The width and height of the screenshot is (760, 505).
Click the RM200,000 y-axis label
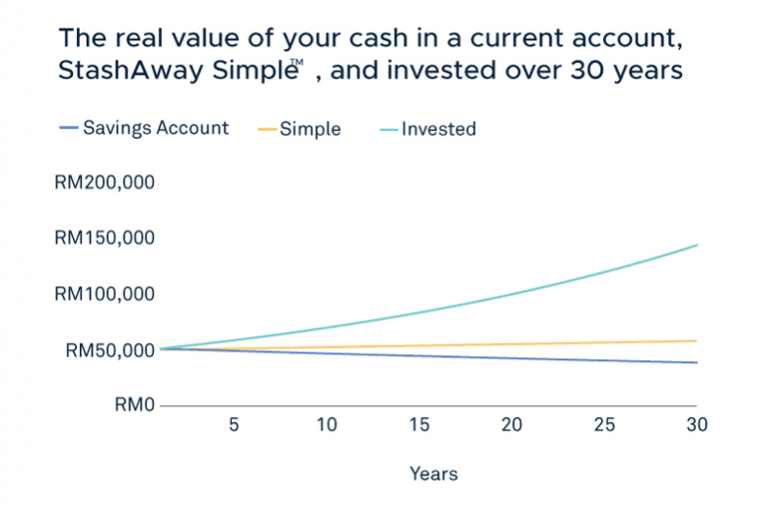pyautogui.click(x=105, y=182)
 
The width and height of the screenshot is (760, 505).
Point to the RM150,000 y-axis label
pyautogui.click(x=105, y=238)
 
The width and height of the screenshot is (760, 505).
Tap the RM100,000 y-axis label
pyautogui.click(x=105, y=294)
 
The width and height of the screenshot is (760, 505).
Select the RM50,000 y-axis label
pyautogui.click(x=110, y=350)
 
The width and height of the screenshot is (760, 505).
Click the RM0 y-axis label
pyautogui.click(x=134, y=404)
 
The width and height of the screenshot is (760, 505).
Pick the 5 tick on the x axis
pyautogui.click(x=234, y=425)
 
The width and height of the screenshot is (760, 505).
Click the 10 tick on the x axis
pyautogui.click(x=327, y=425)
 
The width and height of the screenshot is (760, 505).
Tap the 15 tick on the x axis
pyautogui.click(x=419, y=425)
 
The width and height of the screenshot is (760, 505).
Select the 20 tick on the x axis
pyautogui.click(x=512, y=425)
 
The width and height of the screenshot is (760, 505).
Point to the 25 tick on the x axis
pyautogui.click(x=604, y=425)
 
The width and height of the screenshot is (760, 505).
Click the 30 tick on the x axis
pyautogui.click(x=697, y=425)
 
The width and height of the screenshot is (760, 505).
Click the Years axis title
pyautogui.click(x=434, y=473)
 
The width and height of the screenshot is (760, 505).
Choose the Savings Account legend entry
pyautogui.click(x=144, y=128)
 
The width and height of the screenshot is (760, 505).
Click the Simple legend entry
pyautogui.click(x=299, y=129)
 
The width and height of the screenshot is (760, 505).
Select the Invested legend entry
pyautogui.click(x=428, y=129)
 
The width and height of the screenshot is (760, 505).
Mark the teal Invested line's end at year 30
pyautogui.click(x=697, y=245)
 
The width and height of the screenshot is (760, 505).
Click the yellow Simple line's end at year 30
pyautogui.click(x=697, y=341)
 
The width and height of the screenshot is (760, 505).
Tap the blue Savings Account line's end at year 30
pyautogui.click(x=697, y=362)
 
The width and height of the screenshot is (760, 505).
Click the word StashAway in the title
pyautogui.click(x=131, y=70)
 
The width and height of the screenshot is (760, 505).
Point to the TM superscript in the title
pyautogui.click(x=297, y=62)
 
